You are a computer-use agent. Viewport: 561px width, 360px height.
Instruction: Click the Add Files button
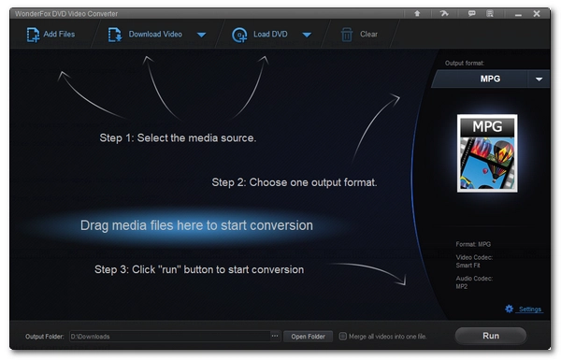click(x=50, y=35)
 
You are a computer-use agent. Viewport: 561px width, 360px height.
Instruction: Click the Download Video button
click(x=145, y=35)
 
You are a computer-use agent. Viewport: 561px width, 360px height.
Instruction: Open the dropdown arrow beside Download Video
click(x=201, y=35)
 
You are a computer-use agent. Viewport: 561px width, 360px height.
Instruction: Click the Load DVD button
click(x=260, y=35)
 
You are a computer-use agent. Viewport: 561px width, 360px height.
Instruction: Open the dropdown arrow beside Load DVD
click(x=307, y=35)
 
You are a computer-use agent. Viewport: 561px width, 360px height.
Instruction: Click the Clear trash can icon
click(x=346, y=35)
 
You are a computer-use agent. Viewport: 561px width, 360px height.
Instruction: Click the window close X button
click(x=537, y=14)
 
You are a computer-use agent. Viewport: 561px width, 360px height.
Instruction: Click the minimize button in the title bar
click(x=518, y=15)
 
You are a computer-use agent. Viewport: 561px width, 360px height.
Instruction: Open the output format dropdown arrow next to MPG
click(x=539, y=79)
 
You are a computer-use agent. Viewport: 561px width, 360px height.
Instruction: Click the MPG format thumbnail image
click(x=487, y=153)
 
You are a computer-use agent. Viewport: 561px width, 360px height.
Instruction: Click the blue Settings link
click(x=530, y=310)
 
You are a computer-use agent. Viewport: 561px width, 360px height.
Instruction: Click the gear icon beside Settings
click(x=509, y=309)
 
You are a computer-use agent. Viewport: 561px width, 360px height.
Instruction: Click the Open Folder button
click(x=308, y=337)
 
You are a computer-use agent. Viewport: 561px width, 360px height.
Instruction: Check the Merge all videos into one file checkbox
click(x=343, y=337)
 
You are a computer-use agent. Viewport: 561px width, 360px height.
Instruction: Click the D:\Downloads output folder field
click(x=169, y=337)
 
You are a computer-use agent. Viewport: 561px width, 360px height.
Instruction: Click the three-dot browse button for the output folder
click(x=275, y=336)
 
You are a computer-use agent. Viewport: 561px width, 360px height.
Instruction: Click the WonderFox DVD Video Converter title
click(x=66, y=14)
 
